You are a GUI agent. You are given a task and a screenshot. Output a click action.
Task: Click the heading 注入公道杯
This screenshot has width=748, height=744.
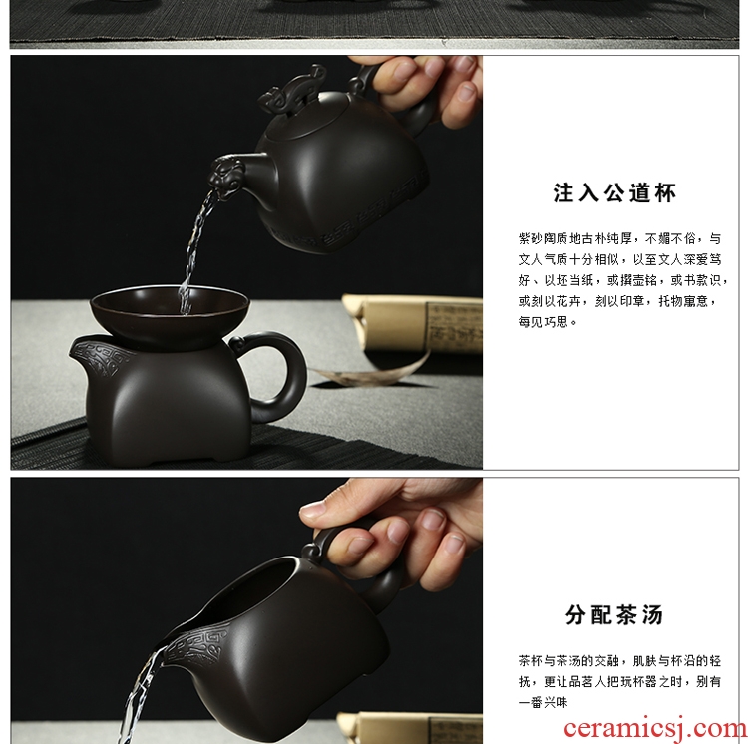coord(614,193)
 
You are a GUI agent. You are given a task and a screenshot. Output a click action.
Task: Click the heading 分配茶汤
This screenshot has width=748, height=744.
coord(614,614)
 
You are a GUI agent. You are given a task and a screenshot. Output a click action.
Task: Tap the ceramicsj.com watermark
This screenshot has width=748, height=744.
coord(655,729)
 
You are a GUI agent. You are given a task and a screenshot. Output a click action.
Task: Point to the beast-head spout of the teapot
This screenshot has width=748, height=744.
coord(229,175)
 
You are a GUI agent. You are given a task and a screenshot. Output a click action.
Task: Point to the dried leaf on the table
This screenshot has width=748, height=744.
coord(372,372)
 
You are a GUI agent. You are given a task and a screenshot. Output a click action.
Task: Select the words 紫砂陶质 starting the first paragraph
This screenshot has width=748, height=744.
coord(544,238)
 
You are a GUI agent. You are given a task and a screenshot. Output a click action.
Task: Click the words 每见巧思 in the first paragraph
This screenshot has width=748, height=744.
coord(544,322)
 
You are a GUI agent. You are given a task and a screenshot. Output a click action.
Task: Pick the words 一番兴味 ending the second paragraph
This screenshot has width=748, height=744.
coord(544,702)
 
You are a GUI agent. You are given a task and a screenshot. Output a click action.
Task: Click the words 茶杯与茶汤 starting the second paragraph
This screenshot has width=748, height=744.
coord(550,661)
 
